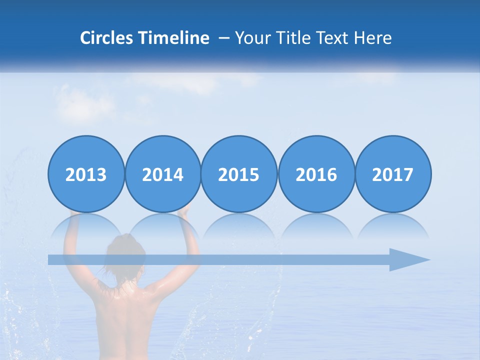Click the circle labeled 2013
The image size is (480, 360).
click(x=86, y=174)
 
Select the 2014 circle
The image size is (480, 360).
click(x=163, y=174)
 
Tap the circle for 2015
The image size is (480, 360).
click(x=239, y=174)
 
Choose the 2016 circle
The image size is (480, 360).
click(x=316, y=174)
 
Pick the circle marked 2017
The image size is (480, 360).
click(x=393, y=174)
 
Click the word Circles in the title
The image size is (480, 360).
click(x=106, y=38)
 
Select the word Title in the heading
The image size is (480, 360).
click(x=290, y=38)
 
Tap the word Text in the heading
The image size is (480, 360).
click(x=331, y=38)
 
